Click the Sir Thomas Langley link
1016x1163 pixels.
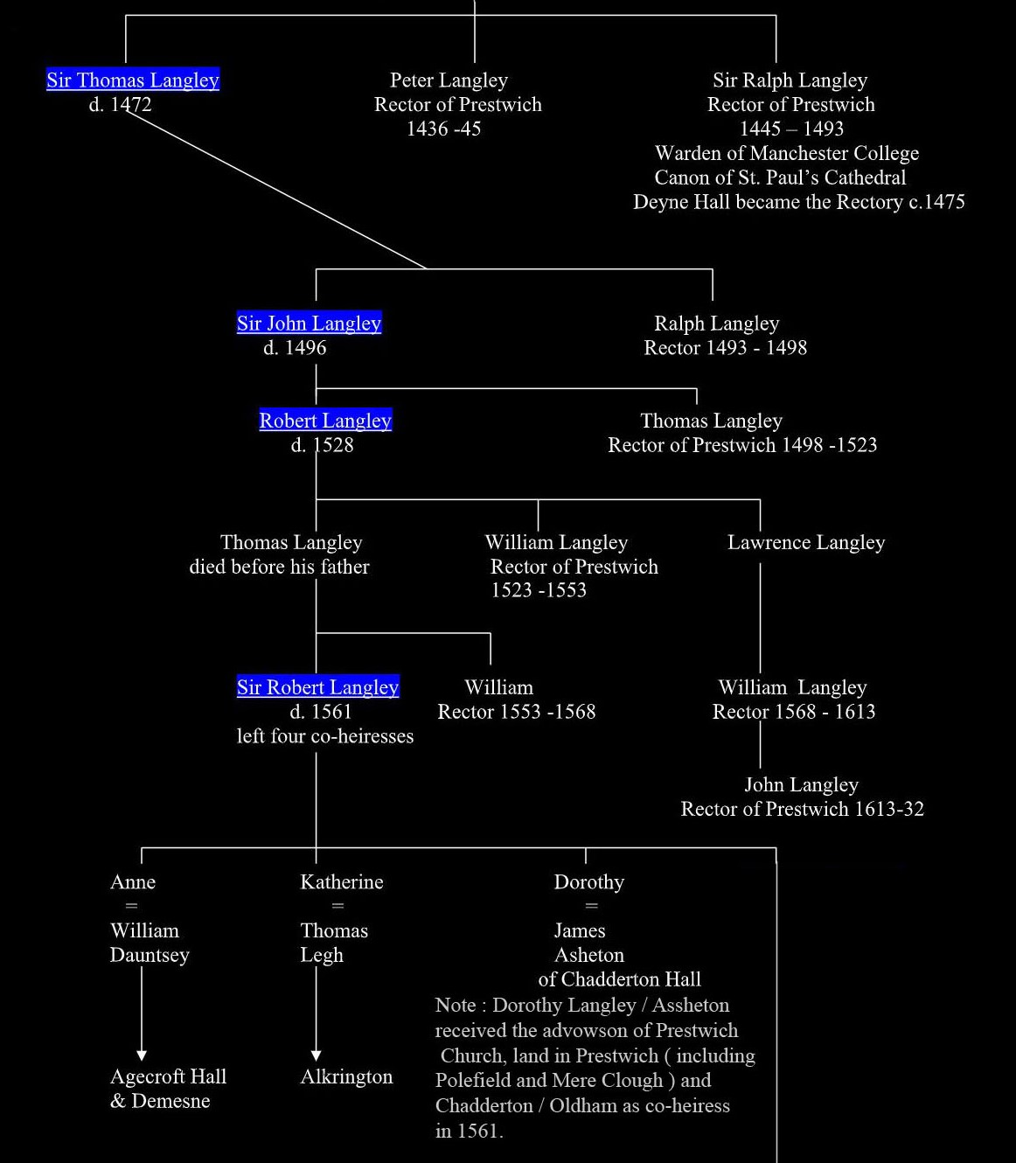132,80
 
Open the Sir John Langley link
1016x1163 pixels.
310,323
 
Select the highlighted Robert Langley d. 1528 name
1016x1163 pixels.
325,420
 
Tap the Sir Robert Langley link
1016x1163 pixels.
318,686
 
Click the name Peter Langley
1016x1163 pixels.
449,80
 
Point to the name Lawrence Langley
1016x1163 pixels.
806,542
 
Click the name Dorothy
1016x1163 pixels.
589,881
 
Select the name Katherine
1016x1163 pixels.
342,881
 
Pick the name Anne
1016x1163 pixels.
133,881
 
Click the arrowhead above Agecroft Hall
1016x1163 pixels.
142,1055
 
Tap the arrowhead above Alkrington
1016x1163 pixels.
316,1055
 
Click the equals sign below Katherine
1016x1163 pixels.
338,906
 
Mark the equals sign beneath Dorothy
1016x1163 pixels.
592,906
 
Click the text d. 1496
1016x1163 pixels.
295,347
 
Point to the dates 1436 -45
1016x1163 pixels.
444,129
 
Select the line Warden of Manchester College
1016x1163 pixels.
787,153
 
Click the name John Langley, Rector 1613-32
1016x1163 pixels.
801,784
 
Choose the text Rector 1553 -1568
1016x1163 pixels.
517,711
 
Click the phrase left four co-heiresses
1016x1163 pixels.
325,736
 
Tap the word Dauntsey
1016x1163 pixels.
150,955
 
